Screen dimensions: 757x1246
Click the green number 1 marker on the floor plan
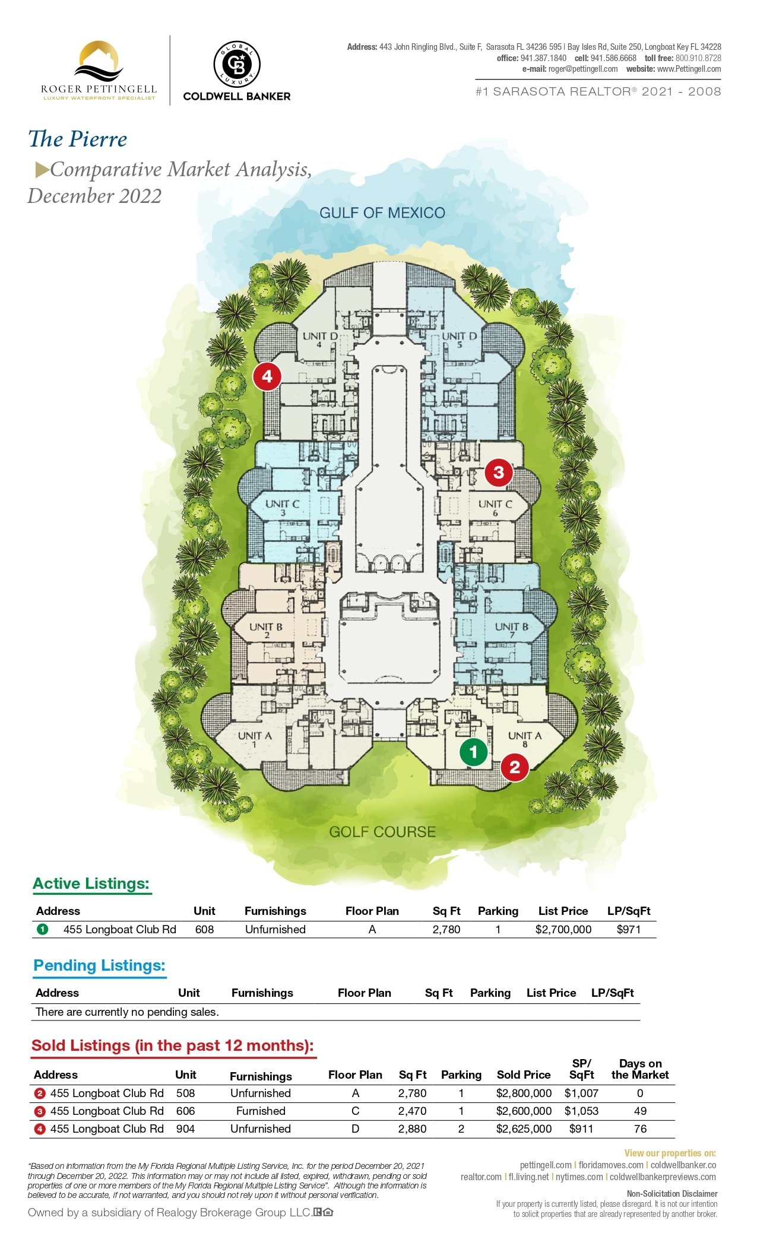point(473,752)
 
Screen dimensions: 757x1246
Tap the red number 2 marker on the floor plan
point(515,768)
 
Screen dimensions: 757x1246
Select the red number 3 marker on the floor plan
point(499,472)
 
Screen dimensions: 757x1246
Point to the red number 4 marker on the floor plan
point(267,376)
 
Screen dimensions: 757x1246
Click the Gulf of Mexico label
point(382,213)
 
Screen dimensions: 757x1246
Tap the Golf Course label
point(382,832)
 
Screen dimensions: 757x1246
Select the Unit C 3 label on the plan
point(283,507)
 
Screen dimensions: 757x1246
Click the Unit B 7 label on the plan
point(512,630)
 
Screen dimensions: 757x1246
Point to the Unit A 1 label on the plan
point(255,739)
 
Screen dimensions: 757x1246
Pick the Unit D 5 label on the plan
point(460,339)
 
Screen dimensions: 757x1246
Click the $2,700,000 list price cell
point(563,930)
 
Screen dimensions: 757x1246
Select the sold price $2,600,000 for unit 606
point(524,1111)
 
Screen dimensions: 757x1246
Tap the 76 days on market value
point(640,1129)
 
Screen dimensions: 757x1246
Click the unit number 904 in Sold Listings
point(185,1129)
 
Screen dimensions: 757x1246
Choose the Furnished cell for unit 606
point(261,1111)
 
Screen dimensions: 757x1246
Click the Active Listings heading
point(91,884)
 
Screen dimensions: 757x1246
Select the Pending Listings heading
point(99,966)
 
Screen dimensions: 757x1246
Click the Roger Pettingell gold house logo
point(100,62)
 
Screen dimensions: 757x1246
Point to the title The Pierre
point(78,139)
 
